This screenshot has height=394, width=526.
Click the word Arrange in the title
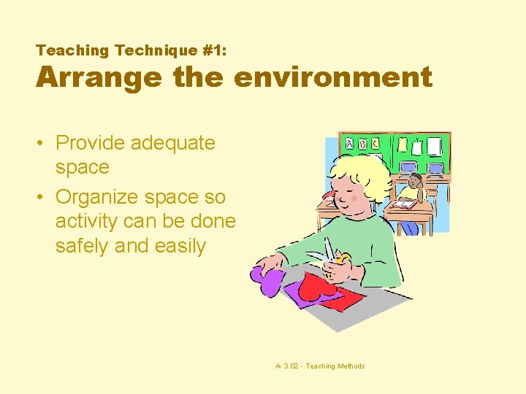point(99,77)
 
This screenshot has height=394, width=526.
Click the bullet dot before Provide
point(43,143)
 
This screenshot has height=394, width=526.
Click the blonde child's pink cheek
point(354,198)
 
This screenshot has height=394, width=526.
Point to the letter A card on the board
point(349,144)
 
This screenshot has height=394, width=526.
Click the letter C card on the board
point(376,144)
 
